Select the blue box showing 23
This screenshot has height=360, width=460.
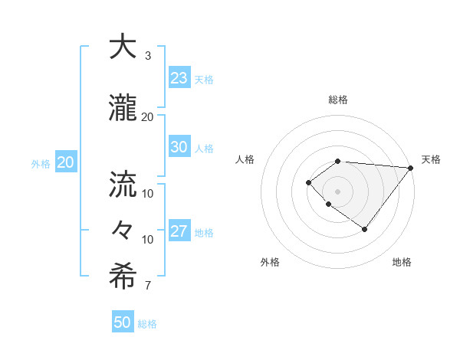[x=179, y=78]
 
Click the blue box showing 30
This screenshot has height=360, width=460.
[x=179, y=147]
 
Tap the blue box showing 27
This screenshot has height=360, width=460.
[x=179, y=231]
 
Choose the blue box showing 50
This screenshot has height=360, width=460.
[x=123, y=322]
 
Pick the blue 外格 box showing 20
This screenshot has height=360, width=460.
[x=65, y=162]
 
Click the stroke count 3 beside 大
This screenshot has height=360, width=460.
[x=148, y=56]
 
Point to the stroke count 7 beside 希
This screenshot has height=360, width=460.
[x=148, y=286]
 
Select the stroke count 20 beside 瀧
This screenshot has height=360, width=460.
[x=148, y=116]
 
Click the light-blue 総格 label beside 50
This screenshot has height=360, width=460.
[x=147, y=324]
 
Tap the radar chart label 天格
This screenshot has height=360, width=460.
[x=431, y=159]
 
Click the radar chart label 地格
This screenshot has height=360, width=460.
[x=402, y=262]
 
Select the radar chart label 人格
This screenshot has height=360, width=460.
[x=245, y=159]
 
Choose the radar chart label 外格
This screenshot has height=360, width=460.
[x=270, y=262]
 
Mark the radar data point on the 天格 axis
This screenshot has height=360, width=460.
[x=411, y=168]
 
